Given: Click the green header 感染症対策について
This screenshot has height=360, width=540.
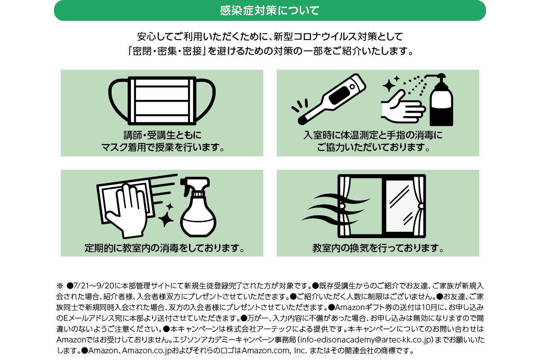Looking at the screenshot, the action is click(270, 10).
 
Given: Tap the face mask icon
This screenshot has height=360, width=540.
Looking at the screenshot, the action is click(162, 101).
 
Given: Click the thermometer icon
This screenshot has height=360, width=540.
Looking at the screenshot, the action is click(332, 99).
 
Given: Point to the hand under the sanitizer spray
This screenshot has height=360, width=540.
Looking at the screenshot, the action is click(402, 107).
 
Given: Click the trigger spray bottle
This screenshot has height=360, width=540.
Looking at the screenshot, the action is click(198, 207).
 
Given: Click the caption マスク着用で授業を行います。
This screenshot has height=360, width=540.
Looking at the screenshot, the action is click(163, 147).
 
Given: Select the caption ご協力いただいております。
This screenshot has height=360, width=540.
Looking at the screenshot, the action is click(373, 147).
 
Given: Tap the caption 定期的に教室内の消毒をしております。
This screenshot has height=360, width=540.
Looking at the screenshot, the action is click(165, 248).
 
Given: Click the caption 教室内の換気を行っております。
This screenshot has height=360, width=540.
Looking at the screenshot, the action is click(378, 248).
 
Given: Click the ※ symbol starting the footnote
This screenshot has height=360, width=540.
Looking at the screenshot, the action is click(59, 286).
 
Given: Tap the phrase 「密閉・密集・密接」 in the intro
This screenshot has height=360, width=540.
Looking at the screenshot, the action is click(167, 51).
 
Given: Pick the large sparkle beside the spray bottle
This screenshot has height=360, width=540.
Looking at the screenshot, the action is click(166, 219).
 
